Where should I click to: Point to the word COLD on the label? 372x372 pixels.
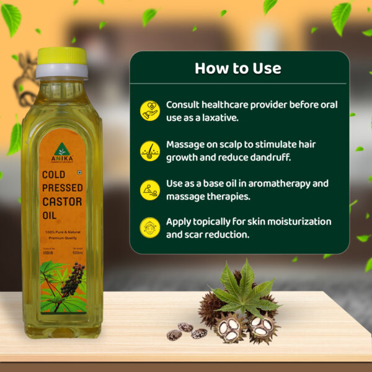(55, 175)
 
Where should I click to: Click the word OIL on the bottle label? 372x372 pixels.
(51, 215)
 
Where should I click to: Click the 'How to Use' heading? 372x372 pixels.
(238, 68)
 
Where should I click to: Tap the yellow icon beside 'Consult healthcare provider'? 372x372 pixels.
(149, 110)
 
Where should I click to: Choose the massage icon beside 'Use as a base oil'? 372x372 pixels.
(149, 190)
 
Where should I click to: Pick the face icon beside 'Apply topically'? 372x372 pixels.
(149, 227)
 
